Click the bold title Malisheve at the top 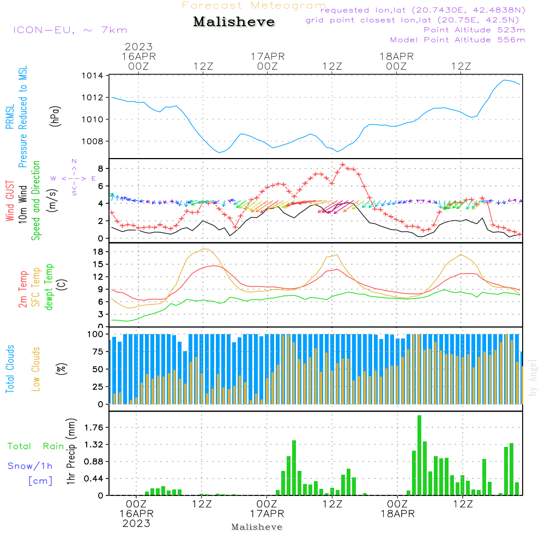[x=234, y=22]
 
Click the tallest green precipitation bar [x=419, y=455]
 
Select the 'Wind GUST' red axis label [x=10, y=201]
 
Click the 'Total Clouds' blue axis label [x=10, y=369]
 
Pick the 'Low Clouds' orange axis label [x=36, y=369]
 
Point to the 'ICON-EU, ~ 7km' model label [x=70, y=30]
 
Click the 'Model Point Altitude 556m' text [x=458, y=40]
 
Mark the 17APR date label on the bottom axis [x=268, y=514]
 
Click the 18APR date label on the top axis [x=397, y=56]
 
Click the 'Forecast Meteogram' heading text [x=254, y=6]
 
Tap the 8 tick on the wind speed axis [x=100, y=168]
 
